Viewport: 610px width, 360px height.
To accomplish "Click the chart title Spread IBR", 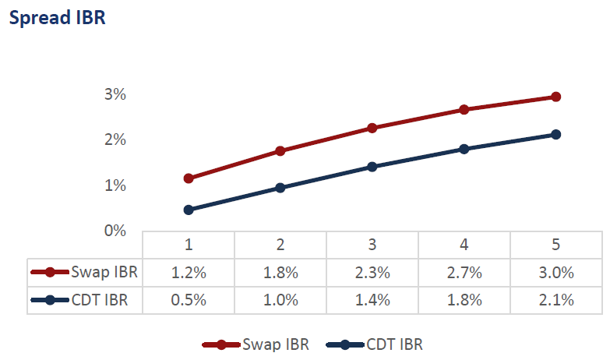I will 56,19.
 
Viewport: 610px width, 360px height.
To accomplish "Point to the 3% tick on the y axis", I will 115,94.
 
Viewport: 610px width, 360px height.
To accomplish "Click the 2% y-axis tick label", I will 115,140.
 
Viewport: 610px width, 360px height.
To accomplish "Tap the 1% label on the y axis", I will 115,185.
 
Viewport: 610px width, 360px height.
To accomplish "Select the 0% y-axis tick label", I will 115,231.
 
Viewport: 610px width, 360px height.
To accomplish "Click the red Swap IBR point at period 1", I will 188,178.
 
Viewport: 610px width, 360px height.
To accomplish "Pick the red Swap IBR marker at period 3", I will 372,128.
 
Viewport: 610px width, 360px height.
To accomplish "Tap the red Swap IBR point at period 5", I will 555,97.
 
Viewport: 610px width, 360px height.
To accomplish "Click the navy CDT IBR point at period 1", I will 188,210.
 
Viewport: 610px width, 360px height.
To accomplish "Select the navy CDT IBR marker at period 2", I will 280,188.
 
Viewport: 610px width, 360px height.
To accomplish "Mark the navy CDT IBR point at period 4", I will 464,149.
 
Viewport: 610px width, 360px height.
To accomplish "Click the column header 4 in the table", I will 464,245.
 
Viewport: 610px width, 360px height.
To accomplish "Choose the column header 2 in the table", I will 280,245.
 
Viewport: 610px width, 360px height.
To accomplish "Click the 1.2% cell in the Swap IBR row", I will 188,273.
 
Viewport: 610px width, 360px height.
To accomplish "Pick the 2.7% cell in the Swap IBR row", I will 464,273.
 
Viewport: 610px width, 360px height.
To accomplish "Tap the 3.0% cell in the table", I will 555,273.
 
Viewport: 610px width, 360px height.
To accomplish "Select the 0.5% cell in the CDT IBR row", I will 188,300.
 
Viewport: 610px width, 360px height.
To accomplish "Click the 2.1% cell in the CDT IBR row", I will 555,300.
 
